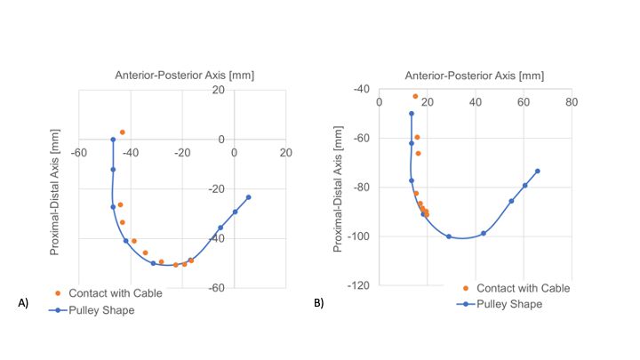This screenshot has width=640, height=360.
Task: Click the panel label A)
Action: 24,303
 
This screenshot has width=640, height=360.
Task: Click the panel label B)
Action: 318,303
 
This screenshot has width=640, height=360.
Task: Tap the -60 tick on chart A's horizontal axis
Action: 78,153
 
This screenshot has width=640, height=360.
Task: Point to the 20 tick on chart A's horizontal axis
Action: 285,153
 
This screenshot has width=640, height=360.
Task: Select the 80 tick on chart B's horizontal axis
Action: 572,102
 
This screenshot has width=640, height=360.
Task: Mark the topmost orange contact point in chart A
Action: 123,132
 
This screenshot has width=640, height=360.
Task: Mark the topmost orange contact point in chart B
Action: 415,96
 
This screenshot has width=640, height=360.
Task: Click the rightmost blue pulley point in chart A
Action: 248,197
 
